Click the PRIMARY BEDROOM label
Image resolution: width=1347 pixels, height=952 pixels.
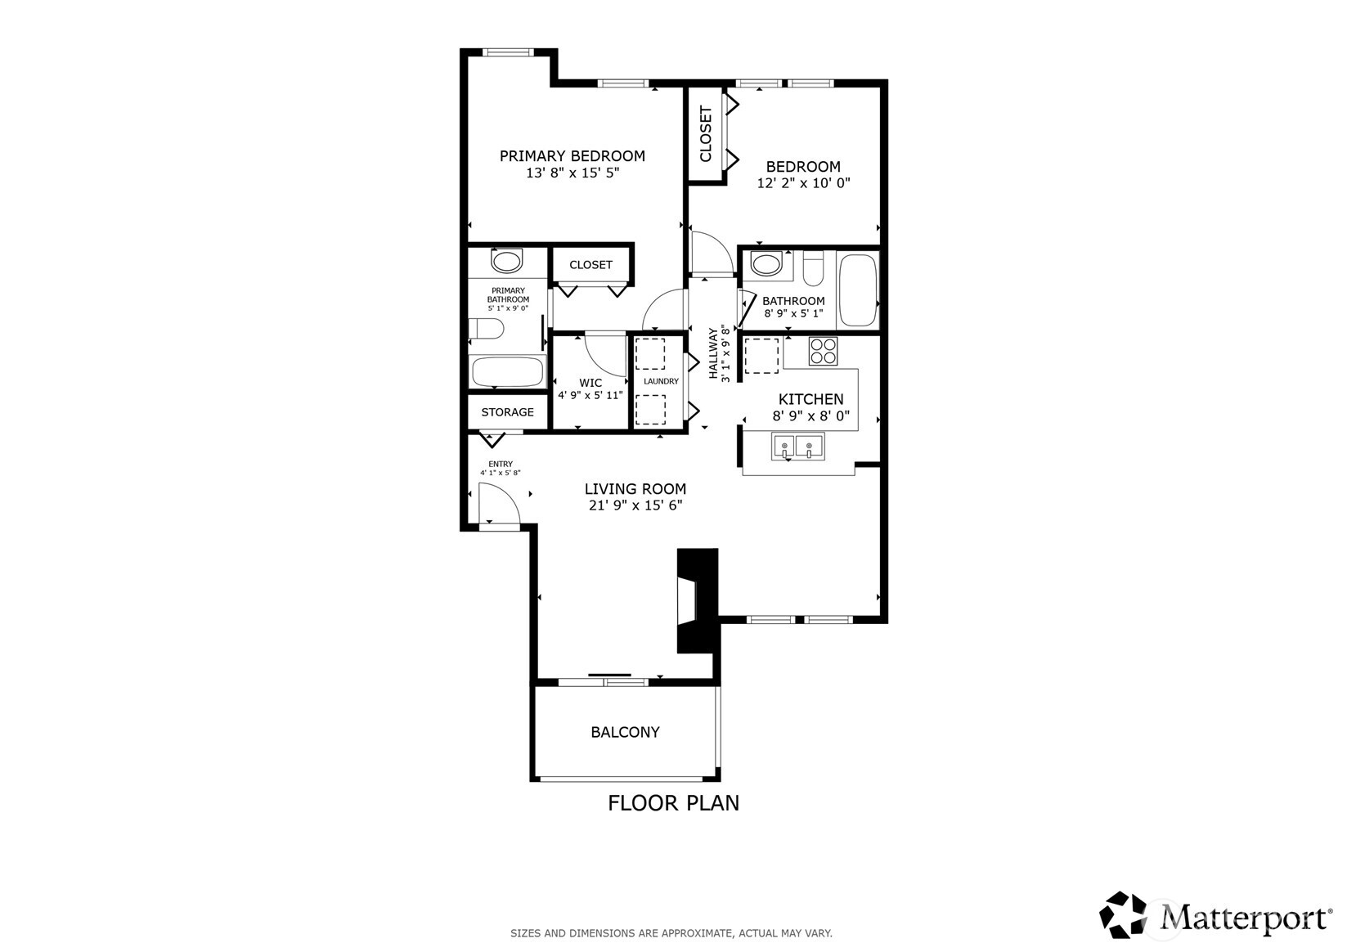coord(572,156)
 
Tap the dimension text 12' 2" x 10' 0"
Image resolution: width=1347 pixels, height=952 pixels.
coord(803,183)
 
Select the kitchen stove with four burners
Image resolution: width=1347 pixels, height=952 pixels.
coord(823,351)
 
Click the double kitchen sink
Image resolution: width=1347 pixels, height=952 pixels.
coord(797,447)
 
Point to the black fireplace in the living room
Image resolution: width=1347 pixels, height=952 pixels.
coord(696,600)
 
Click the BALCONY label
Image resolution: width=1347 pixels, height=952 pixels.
coord(625,732)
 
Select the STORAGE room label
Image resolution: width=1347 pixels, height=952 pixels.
coord(507,412)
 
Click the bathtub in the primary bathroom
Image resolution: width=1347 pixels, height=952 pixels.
coord(507,372)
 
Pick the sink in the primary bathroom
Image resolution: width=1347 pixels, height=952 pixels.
coord(506,263)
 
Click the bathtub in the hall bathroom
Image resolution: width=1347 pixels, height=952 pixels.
coord(857,290)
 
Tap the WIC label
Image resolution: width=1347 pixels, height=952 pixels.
coord(590,383)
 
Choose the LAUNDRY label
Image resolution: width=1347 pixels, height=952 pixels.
coord(661,381)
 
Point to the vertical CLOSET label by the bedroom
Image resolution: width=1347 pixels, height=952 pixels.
coord(706,134)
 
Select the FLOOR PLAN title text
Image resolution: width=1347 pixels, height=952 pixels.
coord(673,803)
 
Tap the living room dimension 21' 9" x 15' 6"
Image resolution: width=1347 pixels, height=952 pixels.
coord(635,505)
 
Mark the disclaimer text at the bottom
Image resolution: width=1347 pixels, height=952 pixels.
coord(671,932)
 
